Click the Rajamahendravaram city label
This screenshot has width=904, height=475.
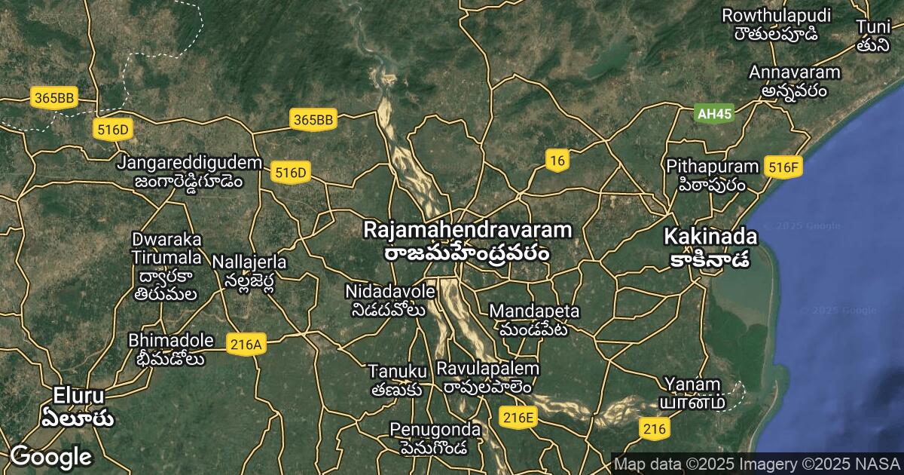click(x=467, y=240)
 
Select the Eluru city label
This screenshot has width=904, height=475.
click(x=78, y=406)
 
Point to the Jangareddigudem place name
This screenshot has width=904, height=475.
click(x=189, y=171)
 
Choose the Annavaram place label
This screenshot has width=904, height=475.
click(x=795, y=81)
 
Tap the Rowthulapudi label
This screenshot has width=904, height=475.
click(x=776, y=24)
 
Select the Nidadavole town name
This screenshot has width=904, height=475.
click(x=390, y=300)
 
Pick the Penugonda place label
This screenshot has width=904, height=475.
click(x=435, y=437)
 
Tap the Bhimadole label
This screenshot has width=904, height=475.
click(x=170, y=349)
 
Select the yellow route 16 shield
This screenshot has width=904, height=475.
click(x=557, y=160)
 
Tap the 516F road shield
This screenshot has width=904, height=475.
click(x=783, y=167)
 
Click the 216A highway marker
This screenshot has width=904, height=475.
click(x=246, y=345)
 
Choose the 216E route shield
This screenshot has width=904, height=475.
click(x=518, y=417)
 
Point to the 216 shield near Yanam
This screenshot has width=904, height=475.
click(x=654, y=429)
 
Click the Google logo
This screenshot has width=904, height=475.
click(x=50, y=456)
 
